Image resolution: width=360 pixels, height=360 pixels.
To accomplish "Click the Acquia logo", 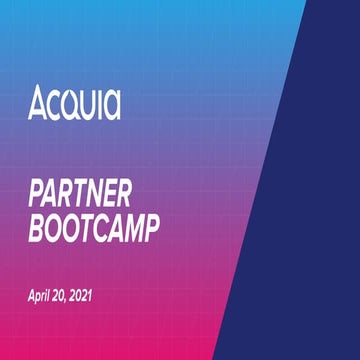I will pyautogui.click(x=73, y=103).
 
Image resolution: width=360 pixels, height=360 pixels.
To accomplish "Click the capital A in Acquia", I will pyautogui.click(x=37, y=103).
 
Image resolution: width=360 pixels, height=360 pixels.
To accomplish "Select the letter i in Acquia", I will pyautogui.click(x=98, y=102).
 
